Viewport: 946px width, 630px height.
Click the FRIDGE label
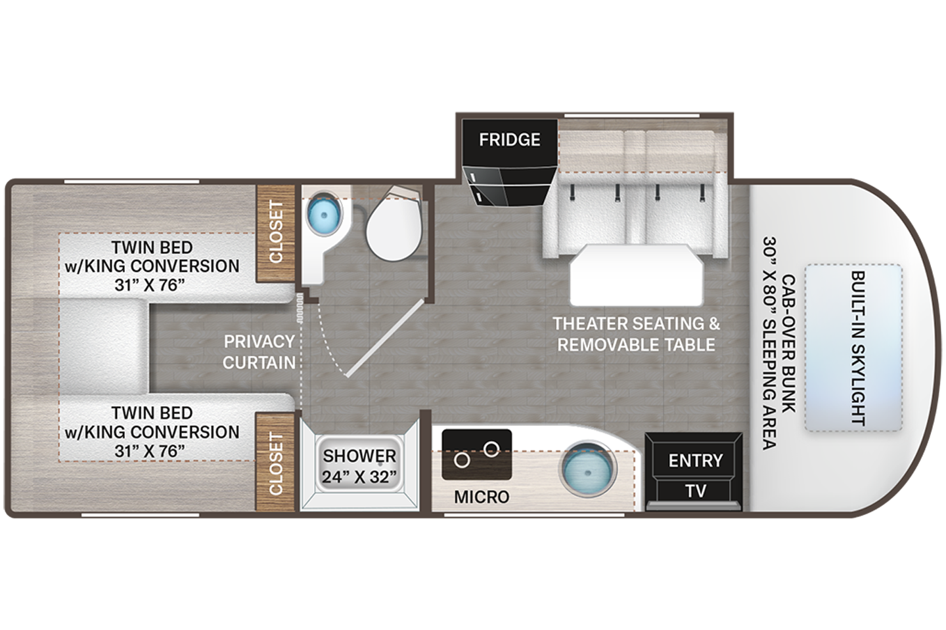coord(509,140)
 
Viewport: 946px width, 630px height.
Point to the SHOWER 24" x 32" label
coord(359,465)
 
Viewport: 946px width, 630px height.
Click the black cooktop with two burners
coord(477,455)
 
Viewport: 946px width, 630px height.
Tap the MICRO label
coord(482,497)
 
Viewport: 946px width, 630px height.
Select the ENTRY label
coord(695,461)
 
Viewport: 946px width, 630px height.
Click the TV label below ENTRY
coord(695,490)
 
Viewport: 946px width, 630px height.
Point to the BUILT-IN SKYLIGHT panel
coord(853,348)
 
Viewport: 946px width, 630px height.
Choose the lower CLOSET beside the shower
coord(275,463)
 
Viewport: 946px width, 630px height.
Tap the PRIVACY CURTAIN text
coord(259,352)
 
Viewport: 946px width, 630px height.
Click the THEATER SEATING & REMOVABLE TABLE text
coord(636,333)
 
